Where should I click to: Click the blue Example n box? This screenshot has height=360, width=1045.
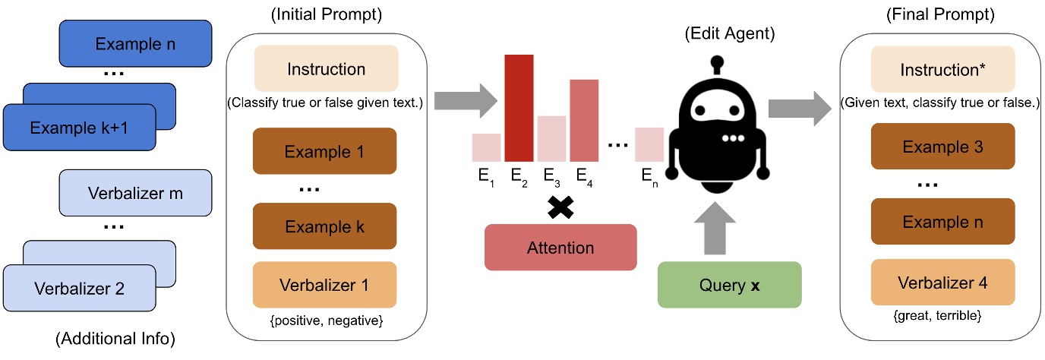tap(135, 44)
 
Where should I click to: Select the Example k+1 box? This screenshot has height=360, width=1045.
tap(79, 127)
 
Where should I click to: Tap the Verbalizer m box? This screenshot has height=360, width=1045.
tap(134, 194)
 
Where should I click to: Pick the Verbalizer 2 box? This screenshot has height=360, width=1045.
tap(79, 288)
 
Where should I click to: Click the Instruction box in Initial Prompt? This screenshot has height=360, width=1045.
tap(326, 70)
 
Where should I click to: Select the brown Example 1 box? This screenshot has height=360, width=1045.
tap(326, 152)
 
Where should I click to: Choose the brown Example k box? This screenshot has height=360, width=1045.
tap(326, 227)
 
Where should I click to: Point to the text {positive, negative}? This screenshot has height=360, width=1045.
tap(326, 321)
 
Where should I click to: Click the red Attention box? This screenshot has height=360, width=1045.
tap(560, 248)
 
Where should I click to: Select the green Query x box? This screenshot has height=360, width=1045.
tap(729, 284)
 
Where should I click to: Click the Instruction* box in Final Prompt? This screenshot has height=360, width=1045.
tap(942, 70)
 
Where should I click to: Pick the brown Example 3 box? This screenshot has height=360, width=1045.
tap(942, 147)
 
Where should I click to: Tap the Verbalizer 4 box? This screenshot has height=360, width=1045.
tap(942, 283)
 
